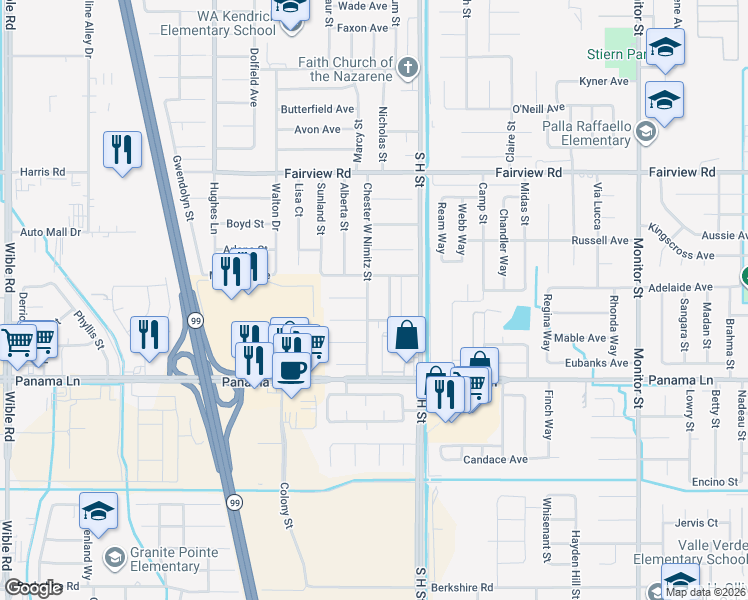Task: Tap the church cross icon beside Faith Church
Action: click(406, 69)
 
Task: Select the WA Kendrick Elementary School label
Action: click(208, 24)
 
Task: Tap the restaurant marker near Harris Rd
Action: click(122, 151)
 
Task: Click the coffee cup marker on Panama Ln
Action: click(291, 370)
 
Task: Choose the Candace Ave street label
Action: click(495, 460)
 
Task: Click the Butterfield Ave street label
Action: click(317, 109)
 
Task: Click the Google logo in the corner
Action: click(34, 588)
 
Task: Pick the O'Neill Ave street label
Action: click(539, 109)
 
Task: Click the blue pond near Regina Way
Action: click(518, 318)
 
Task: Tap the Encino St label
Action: click(714, 482)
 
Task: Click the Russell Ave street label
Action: click(599, 241)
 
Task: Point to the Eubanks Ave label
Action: click(598, 363)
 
